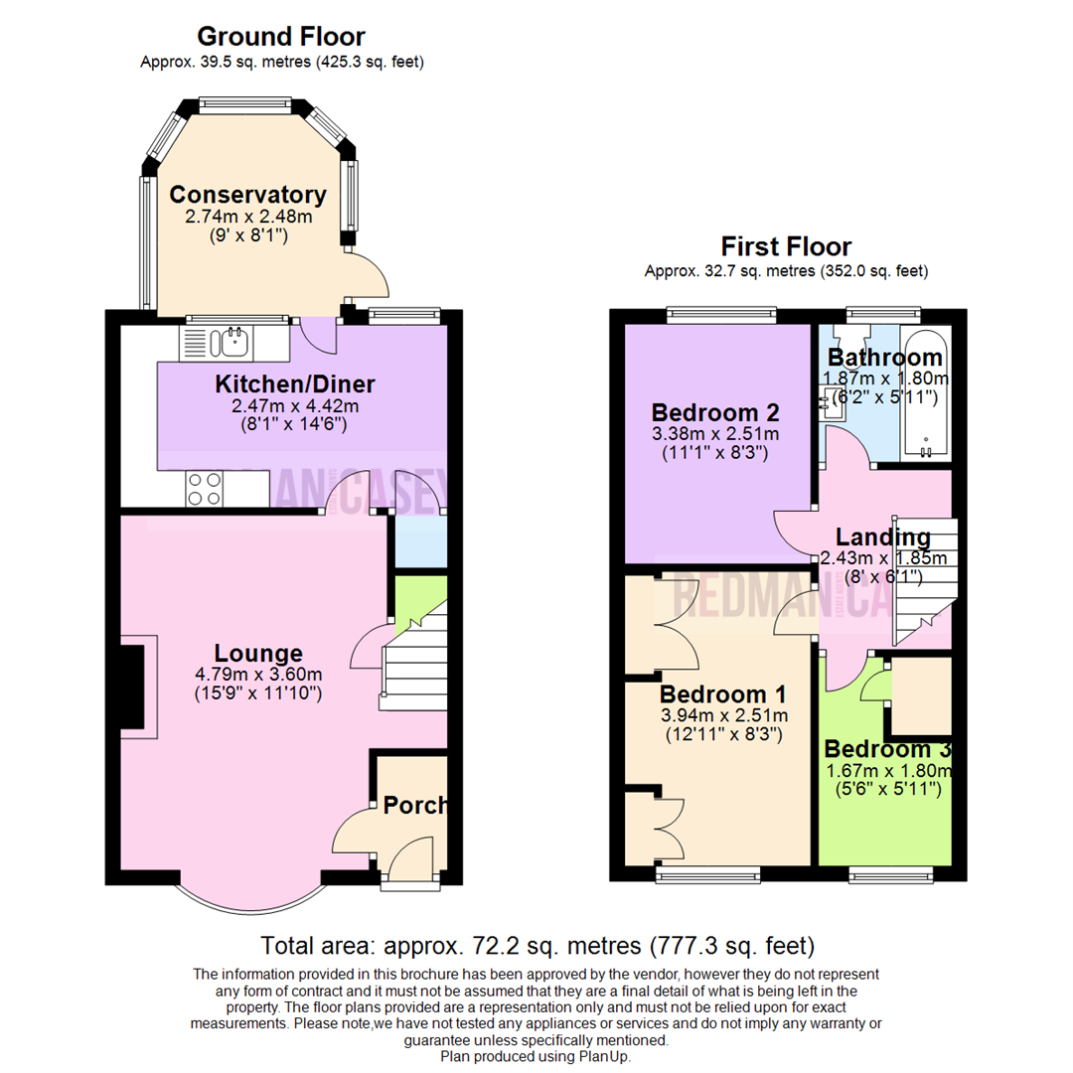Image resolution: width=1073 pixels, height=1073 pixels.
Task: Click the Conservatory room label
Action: [247, 195]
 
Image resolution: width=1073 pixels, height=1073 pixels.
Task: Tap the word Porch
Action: [415, 805]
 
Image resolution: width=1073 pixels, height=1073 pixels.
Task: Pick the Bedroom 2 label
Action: [714, 412]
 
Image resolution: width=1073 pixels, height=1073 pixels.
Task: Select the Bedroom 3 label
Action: [886, 749]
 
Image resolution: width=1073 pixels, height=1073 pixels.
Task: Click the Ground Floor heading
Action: [281, 37]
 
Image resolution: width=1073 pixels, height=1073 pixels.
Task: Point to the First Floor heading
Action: [786, 245]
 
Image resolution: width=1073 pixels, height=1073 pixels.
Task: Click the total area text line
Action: [536, 944]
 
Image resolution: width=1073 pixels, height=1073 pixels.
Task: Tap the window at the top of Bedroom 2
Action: [722, 315]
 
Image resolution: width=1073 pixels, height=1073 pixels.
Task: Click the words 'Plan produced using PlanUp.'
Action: [536, 1057]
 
